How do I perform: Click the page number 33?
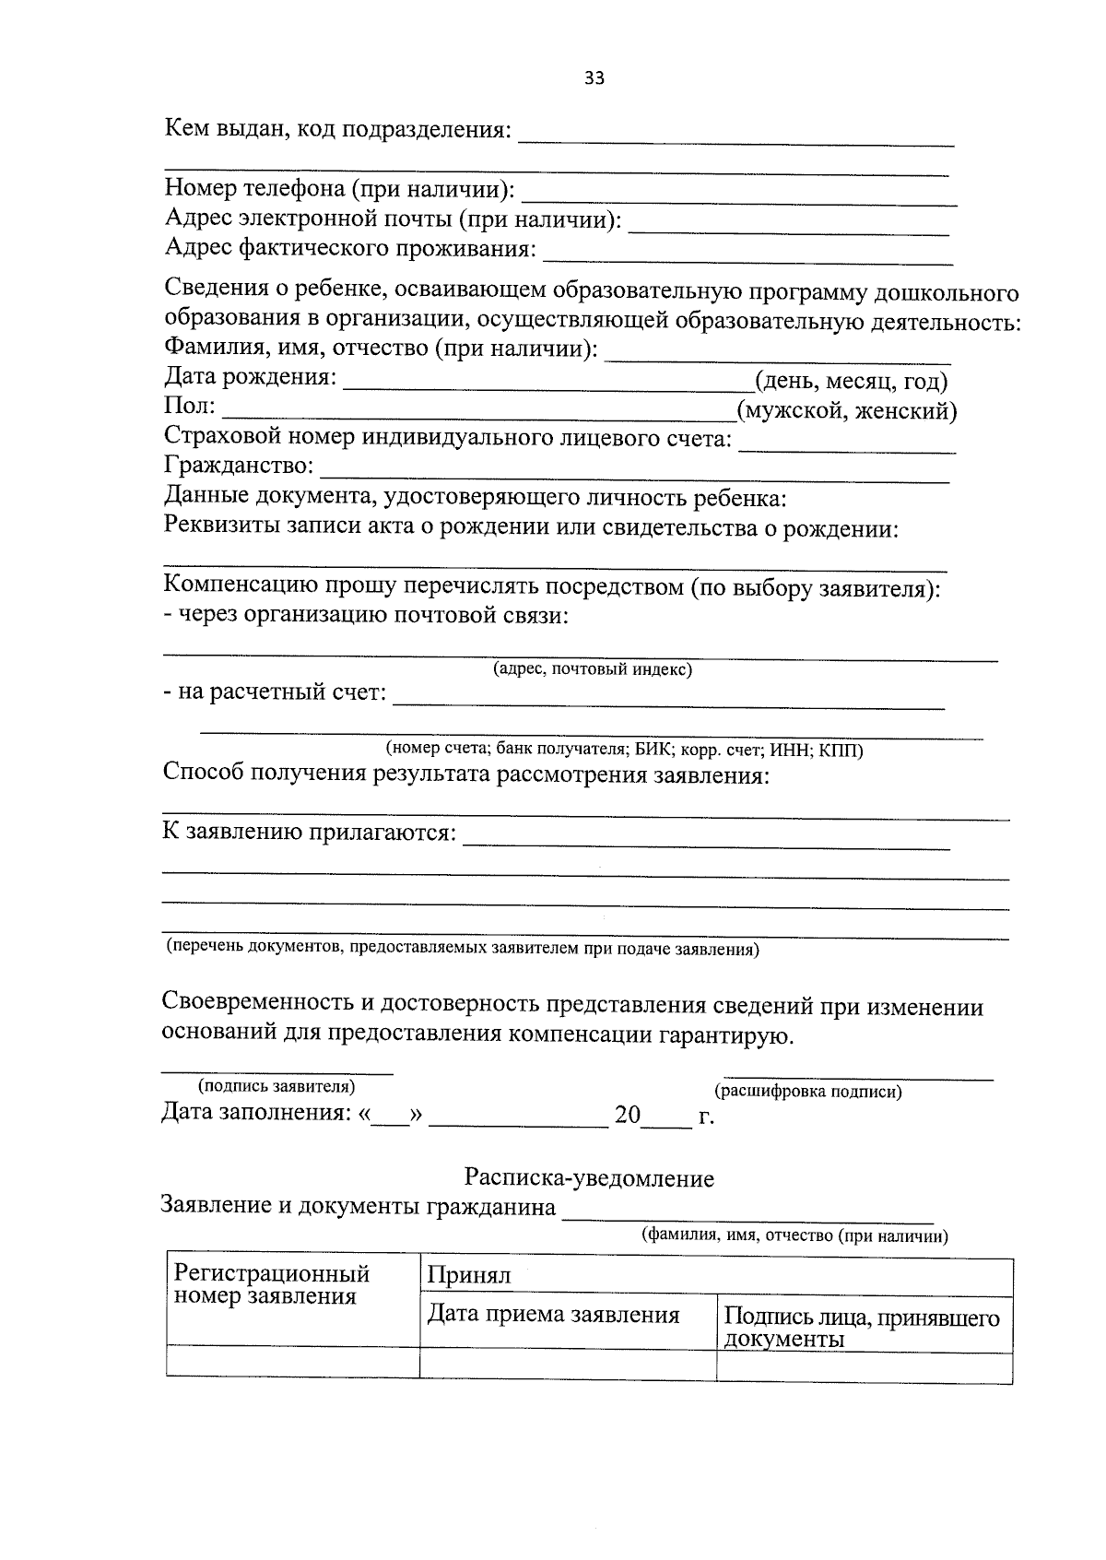(x=594, y=78)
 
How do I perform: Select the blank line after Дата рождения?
(x=548, y=382)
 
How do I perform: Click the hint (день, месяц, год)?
(x=851, y=381)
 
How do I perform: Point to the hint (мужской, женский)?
(x=846, y=410)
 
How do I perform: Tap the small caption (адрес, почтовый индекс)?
(x=593, y=669)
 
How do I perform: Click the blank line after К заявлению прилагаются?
(x=705, y=840)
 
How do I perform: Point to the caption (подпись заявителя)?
(x=276, y=1087)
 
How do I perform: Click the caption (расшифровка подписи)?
(x=808, y=1093)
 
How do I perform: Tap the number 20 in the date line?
(x=628, y=1115)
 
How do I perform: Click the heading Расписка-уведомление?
(x=589, y=1178)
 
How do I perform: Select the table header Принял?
(x=468, y=1277)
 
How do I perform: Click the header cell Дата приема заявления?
(x=553, y=1315)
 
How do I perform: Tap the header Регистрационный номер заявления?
(x=272, y=1285)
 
